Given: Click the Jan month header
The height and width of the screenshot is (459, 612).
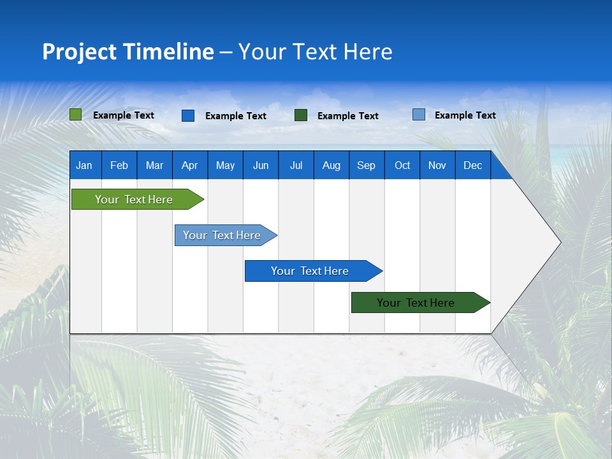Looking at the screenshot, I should (85, 165).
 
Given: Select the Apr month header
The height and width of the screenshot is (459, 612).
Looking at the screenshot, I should (190, 165).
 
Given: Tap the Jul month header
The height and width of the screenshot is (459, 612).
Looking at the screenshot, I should (296, 165).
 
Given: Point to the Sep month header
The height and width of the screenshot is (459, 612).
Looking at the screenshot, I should (367, 165).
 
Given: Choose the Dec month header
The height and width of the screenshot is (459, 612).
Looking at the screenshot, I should (472, 165).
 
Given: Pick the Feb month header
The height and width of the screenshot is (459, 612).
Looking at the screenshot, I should (119, 165).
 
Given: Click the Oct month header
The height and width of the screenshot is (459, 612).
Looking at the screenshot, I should (402, 165).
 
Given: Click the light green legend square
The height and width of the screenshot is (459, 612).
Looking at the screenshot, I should (76, 115).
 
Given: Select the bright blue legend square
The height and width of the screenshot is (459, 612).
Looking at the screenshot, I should (188, 115).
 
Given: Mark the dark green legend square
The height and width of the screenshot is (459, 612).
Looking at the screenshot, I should (301, 115).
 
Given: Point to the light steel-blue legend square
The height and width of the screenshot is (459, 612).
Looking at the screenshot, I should (419, 115).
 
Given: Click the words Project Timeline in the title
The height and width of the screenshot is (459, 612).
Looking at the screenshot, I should (128, 52).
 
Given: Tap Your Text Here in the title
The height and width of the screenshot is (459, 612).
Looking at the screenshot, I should (316, 52).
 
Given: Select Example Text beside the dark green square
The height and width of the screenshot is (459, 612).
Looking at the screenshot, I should (348, 116).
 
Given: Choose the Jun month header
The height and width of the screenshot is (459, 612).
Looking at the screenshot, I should (261, 165).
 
